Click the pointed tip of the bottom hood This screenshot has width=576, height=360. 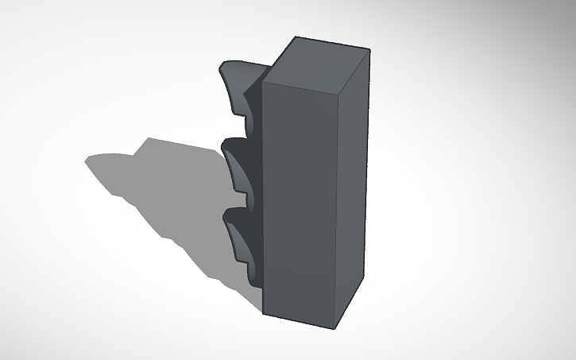click(x=226, y=215)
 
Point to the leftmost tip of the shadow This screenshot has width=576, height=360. click(x=87, y=160)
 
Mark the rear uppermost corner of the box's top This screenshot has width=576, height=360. click(x=294, y=37)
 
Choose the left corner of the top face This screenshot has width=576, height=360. click(x=261, y=79)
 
